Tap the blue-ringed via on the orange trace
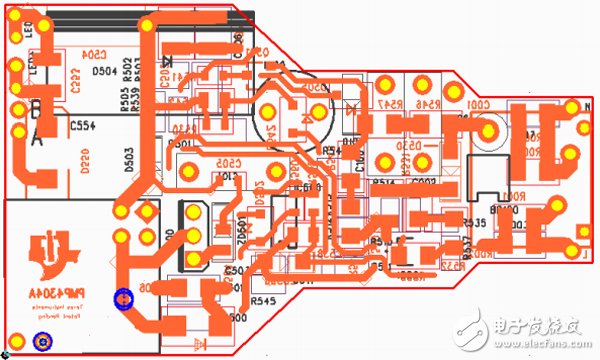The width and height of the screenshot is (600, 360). point(123,298)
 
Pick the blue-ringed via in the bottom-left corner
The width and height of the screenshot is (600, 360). point(43,342)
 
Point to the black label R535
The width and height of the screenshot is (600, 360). point(474,223)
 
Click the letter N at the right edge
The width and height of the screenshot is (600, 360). point(585,104)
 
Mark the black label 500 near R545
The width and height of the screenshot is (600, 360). point(238,318)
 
